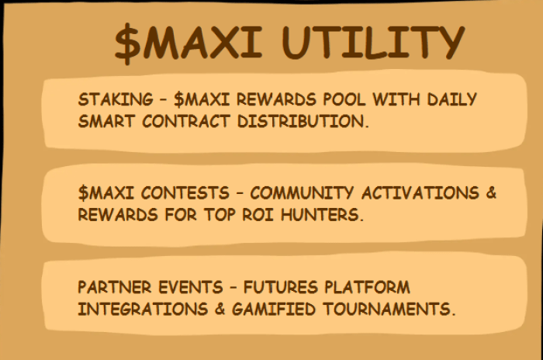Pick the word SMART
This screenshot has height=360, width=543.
tap(105, 121)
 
